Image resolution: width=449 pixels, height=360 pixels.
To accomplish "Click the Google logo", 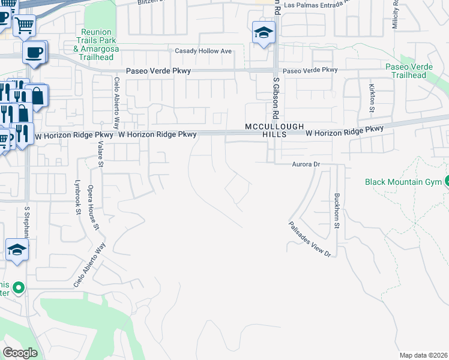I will (x=20, y=353).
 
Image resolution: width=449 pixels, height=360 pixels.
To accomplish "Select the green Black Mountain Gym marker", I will (x=446, y=182).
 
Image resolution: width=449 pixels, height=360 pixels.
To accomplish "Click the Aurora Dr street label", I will (x=304, y=164).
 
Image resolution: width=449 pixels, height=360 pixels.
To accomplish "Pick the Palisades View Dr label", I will (x=310, y=238).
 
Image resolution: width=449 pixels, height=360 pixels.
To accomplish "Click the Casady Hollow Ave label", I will (x=203, y=51).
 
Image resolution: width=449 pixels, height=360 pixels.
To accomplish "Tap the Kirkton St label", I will (x=371, y=98).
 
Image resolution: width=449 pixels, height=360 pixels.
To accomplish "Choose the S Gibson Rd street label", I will (x=277, y=98).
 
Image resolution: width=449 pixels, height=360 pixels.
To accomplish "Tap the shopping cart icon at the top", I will (x=24, y=26).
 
